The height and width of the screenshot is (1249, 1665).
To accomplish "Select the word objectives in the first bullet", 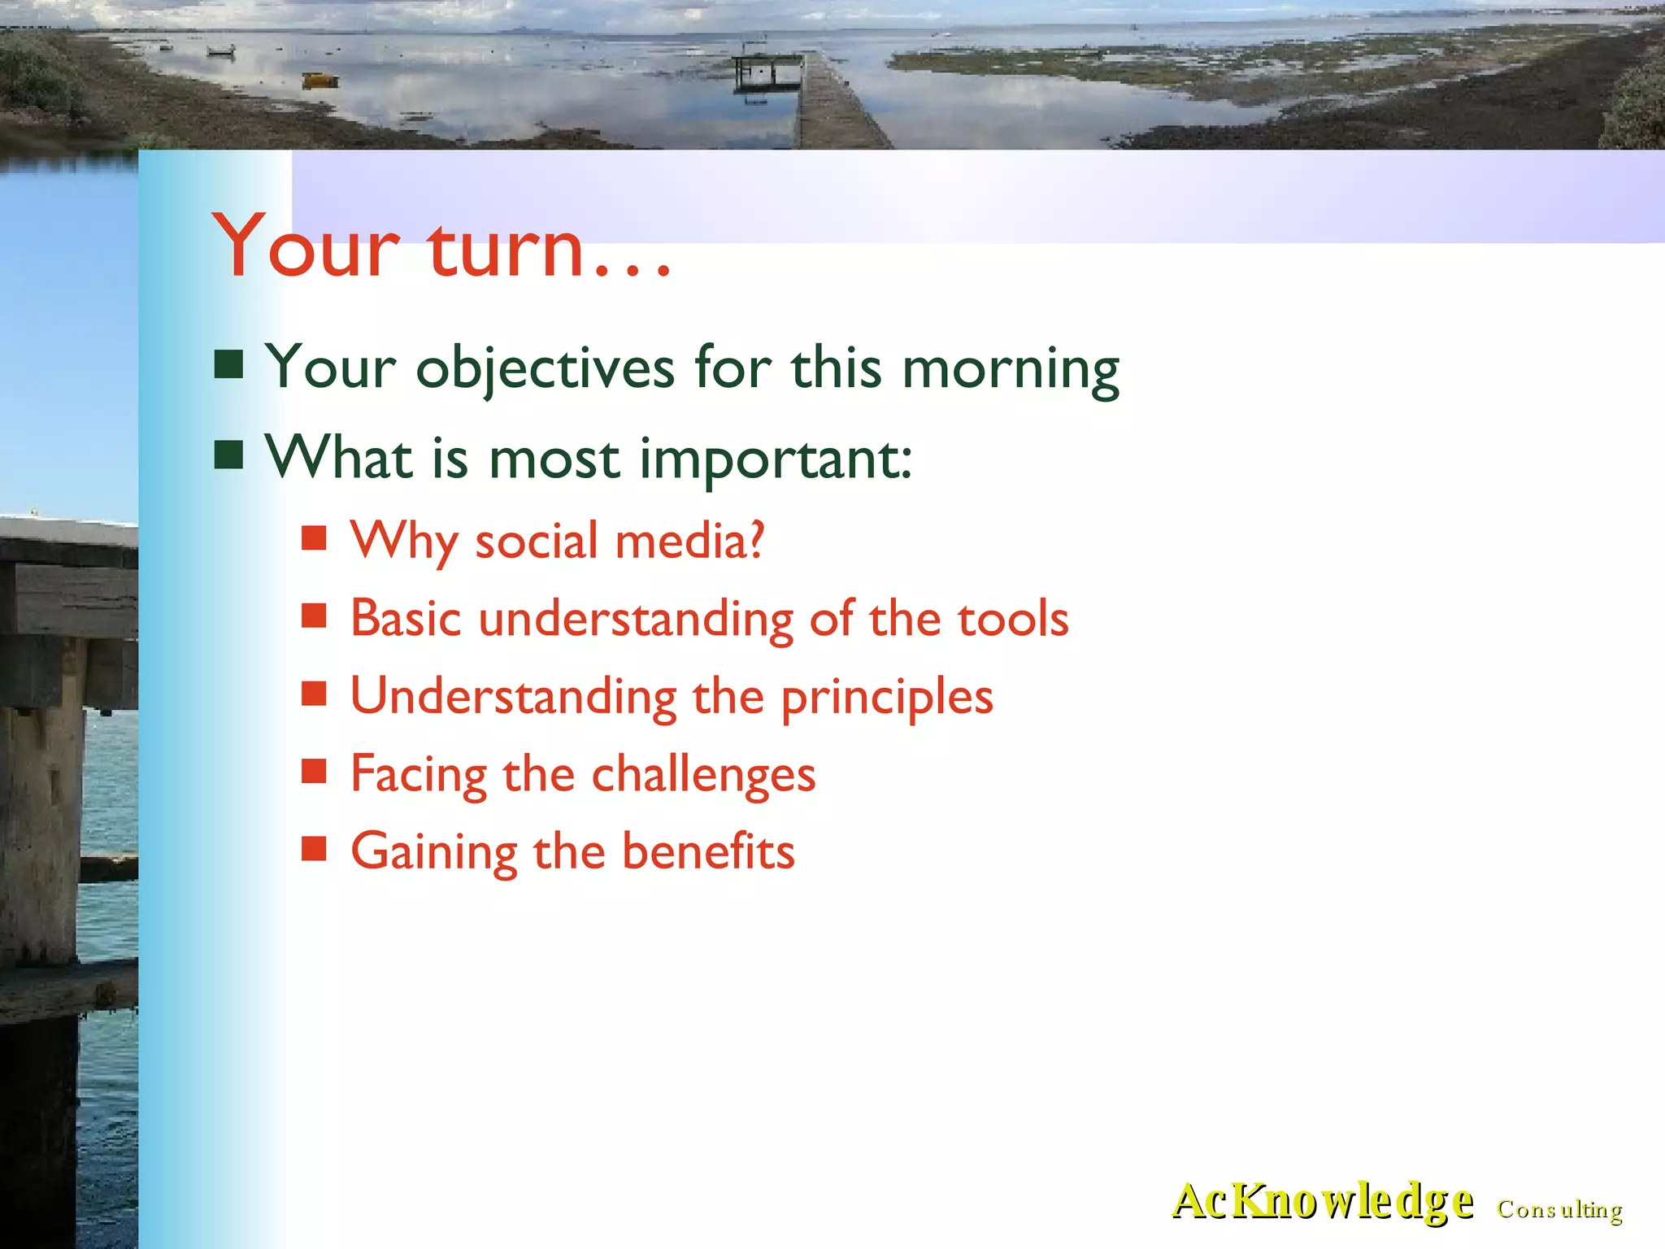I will pos(545,368).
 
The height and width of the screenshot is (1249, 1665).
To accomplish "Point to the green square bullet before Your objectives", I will pos(228,365).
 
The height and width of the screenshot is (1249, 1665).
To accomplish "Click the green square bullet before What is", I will pos(228,455).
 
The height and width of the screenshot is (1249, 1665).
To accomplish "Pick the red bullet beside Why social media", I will pos(314,538).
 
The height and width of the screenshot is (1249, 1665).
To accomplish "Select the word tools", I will pos(1012,620).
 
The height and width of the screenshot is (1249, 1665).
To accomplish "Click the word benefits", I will pos(708,852).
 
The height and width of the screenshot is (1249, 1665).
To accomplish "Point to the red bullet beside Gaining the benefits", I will pos(314,849).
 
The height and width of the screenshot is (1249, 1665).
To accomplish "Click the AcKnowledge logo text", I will pos(1322,1202).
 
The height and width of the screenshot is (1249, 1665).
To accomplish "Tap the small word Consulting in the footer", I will pos(1559,1210).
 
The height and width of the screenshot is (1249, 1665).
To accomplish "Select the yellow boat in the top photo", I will pos(320,80).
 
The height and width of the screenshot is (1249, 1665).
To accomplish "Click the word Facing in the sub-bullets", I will pos(418,775).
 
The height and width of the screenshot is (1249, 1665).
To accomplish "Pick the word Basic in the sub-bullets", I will pos(406,620).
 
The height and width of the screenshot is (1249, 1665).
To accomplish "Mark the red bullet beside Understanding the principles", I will pos(314,694).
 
